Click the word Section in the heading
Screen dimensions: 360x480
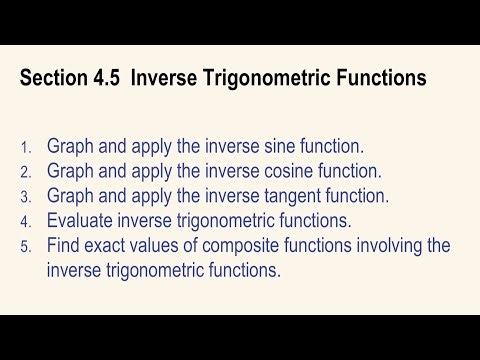53,77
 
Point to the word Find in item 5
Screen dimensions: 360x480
65,244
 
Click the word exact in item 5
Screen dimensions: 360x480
113,244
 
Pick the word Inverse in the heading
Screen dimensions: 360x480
176,77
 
